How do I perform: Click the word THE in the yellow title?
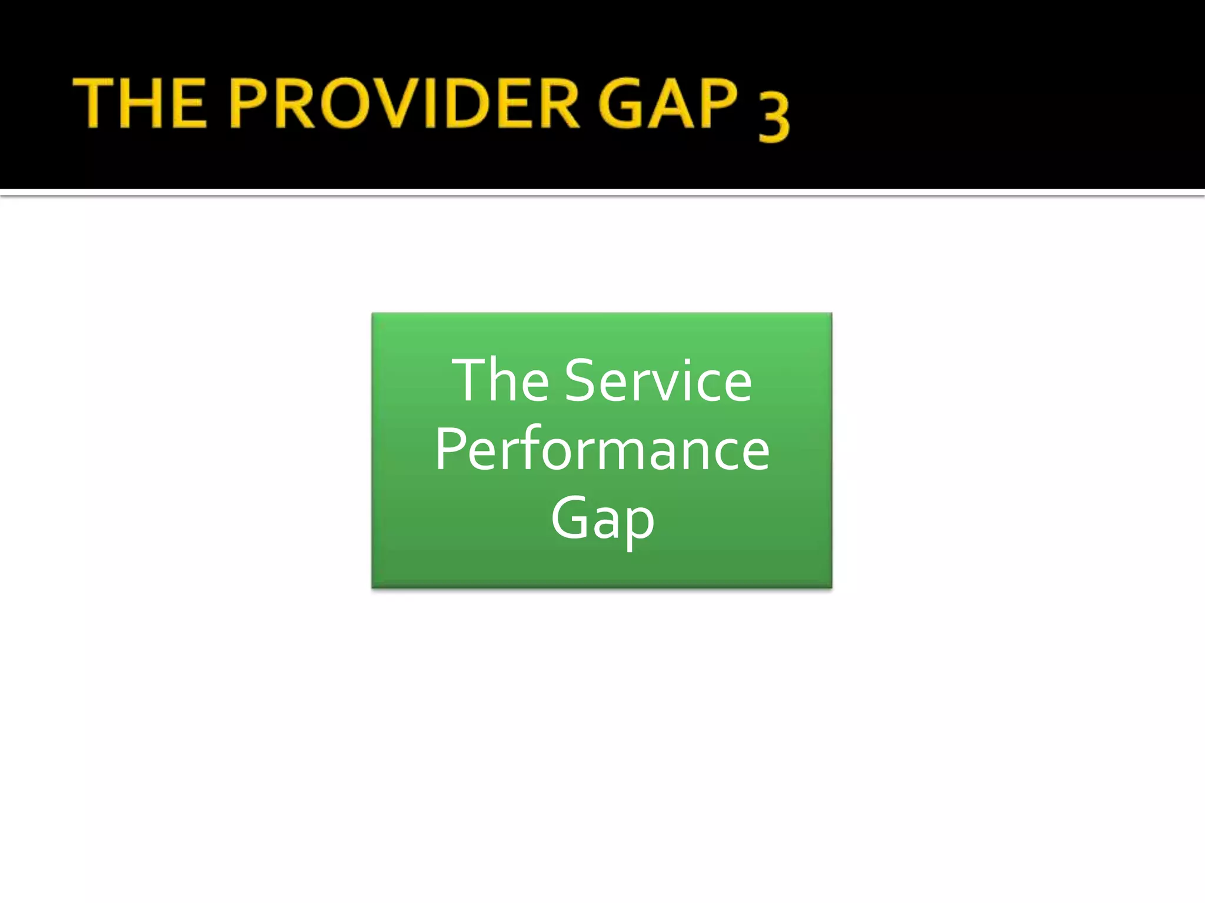140,104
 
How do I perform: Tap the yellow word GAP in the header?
668,104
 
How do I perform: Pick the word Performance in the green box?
602,450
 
